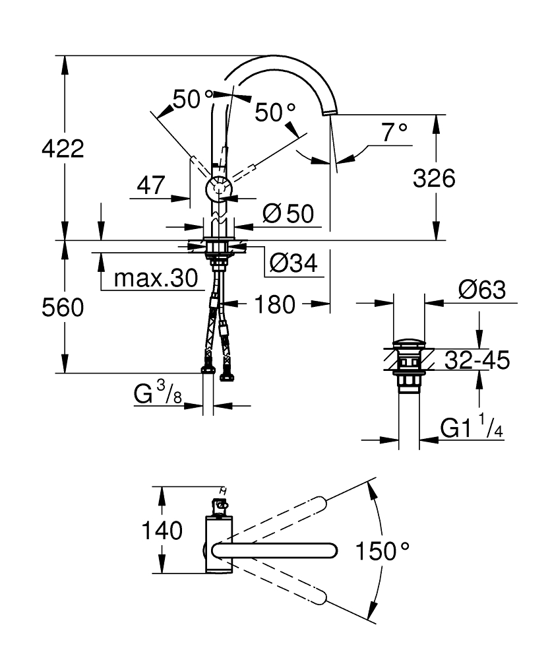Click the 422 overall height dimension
[x=63, y=149]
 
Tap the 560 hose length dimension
[x=63, y=308]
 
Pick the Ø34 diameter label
[x=293, y=263]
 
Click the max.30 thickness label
[x=156, y=279]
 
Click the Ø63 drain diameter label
[x=482, y=290]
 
